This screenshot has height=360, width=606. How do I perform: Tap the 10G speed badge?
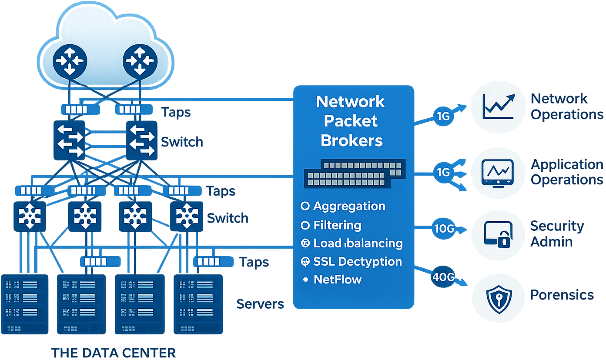pos(444,227)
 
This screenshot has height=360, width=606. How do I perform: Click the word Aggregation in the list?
pos(349,206)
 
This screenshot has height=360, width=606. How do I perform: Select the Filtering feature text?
pos(337,225)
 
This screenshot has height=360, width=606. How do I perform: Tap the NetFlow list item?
pos(338,279)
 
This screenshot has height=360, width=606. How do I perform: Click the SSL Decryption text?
pos(357,261)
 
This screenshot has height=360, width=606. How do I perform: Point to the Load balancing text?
pos(358,243)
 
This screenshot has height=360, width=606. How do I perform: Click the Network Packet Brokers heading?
pos(351,121)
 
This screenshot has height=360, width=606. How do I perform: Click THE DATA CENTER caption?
pos(114,353)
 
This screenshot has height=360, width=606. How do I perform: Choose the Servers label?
pos(260,303)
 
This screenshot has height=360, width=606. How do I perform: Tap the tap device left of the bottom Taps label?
pos(211,261)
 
